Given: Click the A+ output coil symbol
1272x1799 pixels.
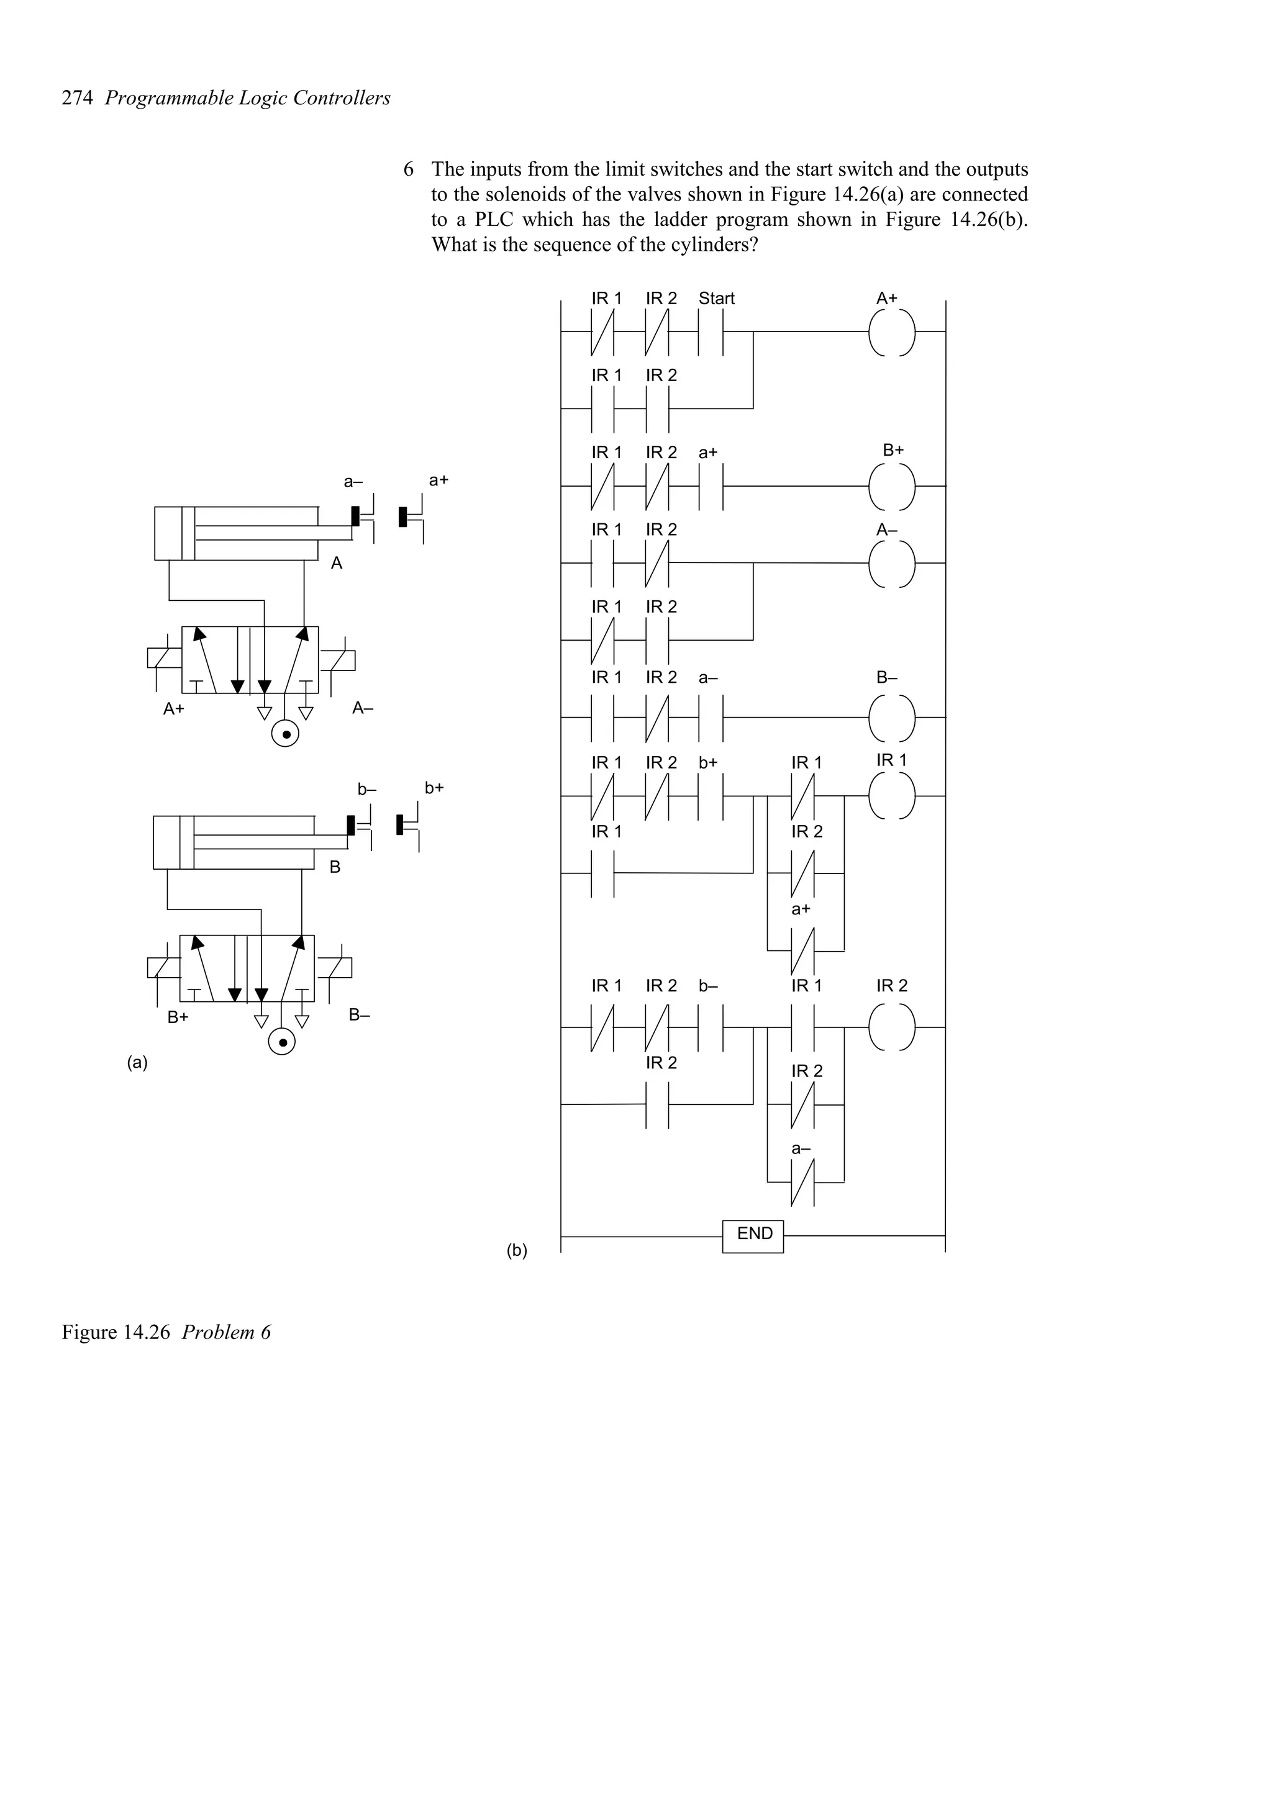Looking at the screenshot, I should [892, 332].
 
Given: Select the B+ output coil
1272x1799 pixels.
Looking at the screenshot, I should [892, 486].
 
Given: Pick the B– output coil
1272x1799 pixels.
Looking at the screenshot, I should [892, 717].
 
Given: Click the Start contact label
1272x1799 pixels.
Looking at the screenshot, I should [715, 299].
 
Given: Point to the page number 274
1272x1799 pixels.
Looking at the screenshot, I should [78, 98].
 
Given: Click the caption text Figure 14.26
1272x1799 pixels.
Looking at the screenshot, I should [116, 1332].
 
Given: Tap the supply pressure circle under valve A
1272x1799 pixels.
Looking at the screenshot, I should [285, 735].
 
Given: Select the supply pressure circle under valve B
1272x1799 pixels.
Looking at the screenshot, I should [282, 1042].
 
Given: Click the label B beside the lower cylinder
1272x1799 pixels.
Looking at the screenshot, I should [335, 867].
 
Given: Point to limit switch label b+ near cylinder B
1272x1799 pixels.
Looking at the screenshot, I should [434, 788].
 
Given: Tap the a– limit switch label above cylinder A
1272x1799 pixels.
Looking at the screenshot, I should [353, 482].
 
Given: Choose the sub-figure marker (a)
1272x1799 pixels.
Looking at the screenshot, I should [137, 1063].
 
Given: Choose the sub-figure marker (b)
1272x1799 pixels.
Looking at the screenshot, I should [517, 1250].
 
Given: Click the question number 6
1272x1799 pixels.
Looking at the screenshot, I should [408, 169].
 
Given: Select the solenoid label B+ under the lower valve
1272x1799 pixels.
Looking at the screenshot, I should [178, 1017].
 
